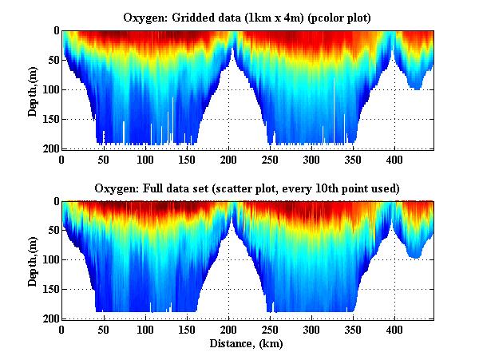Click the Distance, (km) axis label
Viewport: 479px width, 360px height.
click(246, 344)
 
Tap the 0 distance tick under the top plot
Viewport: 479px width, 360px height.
click(62, 160)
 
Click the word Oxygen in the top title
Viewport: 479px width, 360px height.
click(144, 18)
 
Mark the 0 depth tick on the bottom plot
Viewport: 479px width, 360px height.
click(55, 201)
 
